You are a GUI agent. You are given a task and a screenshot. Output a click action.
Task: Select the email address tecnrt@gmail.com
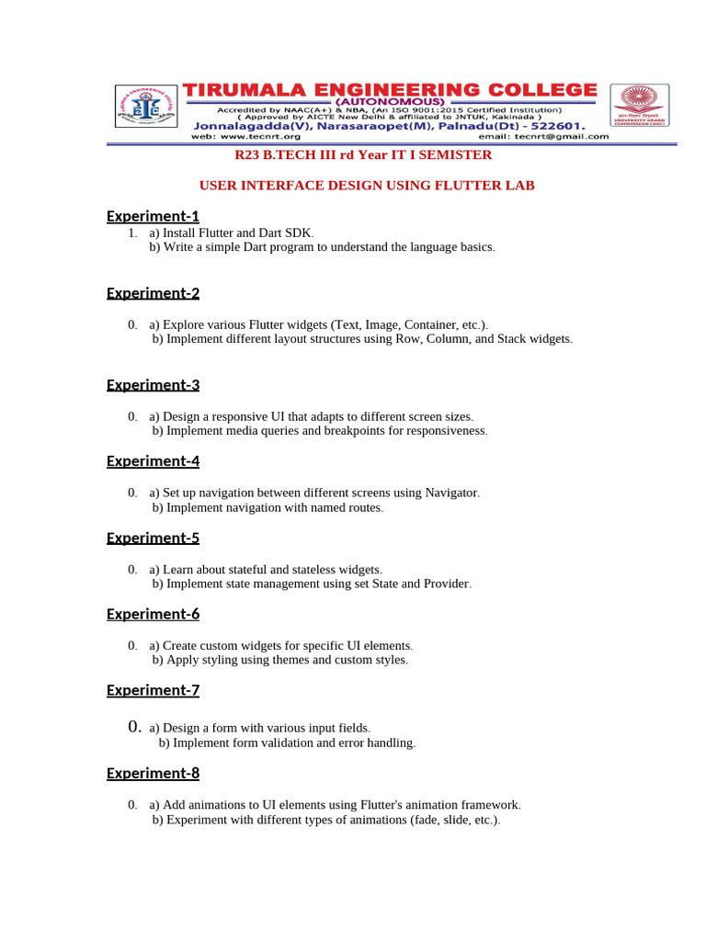click(562, 136)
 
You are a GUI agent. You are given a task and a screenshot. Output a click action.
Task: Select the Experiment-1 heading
click(153, 216)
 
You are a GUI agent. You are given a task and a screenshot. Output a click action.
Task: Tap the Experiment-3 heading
click(153, 384)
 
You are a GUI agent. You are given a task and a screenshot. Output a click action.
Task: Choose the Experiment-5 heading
click(153, 538)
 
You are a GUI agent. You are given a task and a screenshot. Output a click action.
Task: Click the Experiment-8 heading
click(153, 773)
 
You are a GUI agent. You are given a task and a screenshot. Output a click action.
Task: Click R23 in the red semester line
click(248, 155)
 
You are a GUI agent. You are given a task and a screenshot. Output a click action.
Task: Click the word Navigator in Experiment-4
click(451, 493)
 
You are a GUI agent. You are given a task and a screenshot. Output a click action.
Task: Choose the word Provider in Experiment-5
click(446, 584)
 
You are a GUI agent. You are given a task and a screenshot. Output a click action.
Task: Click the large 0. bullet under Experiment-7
click(135, 727)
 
